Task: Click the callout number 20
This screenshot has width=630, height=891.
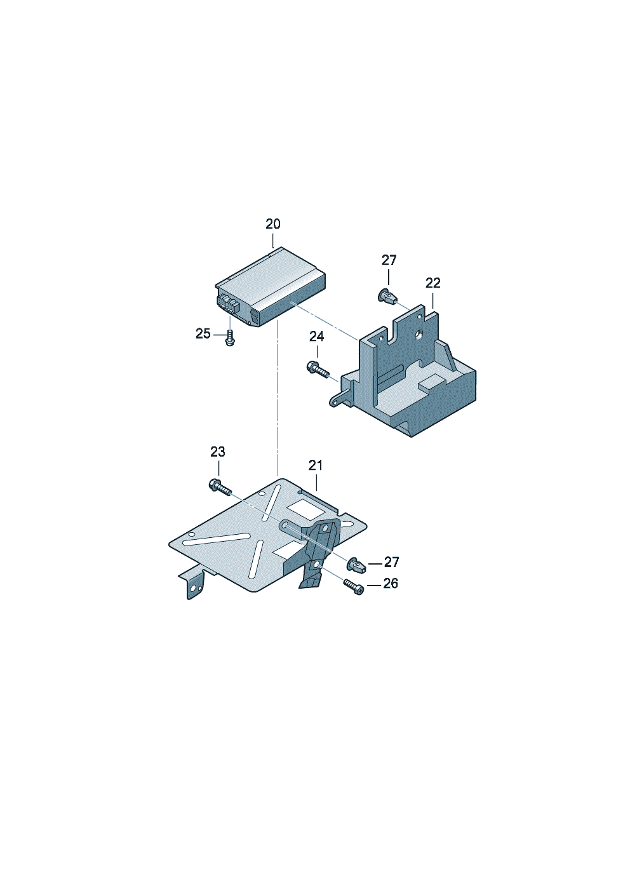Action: [273, 224]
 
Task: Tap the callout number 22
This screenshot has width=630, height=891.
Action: [433, 283]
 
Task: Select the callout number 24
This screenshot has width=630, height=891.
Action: [317, 336]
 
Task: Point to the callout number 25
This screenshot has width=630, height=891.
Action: [203, 333]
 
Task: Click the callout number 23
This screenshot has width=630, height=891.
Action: [218, 452]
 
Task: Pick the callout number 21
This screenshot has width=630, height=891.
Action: [316, 466]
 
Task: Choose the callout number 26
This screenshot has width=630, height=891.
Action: [391, 583]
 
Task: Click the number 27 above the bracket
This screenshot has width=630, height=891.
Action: [389, 260]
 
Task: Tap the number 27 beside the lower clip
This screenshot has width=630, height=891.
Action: [391, 562]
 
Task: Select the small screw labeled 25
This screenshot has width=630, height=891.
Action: [230, 338]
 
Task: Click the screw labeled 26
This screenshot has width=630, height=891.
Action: [354, 586]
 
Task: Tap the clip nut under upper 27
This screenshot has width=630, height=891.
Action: [386, 297]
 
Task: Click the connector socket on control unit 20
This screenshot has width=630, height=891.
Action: [227, 304]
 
